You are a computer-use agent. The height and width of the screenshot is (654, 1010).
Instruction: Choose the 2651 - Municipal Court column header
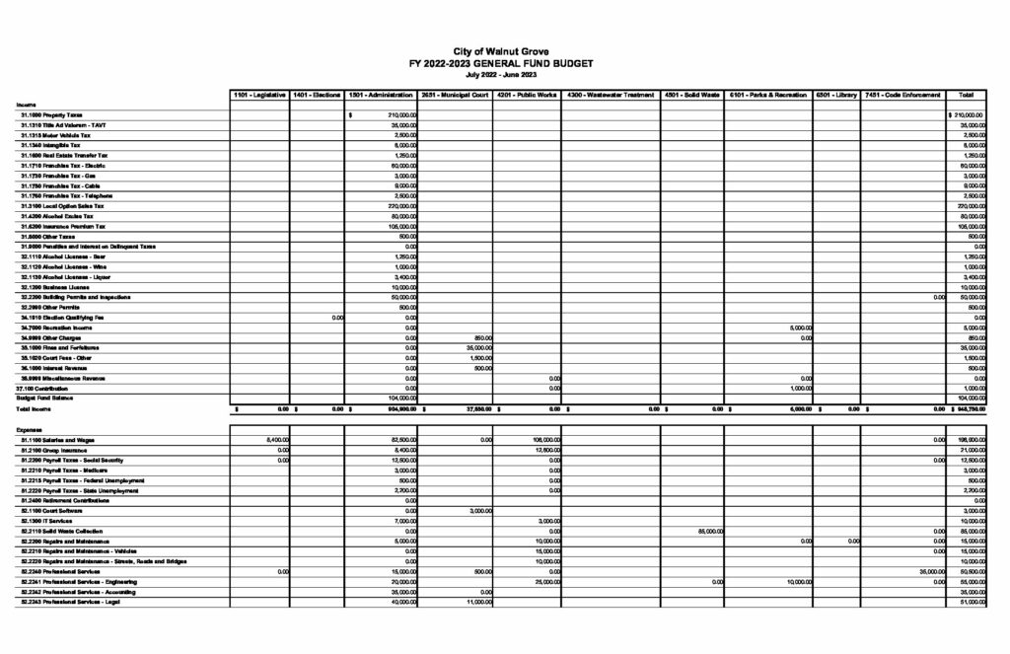click(x=455, y=95)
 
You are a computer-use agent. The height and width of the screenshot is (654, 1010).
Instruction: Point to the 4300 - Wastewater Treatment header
click(x=611, y=95)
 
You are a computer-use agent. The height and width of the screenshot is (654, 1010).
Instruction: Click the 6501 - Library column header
click(x=835, y=95)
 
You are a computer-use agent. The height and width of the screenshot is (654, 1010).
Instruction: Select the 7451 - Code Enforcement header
click(x=902, y=95)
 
